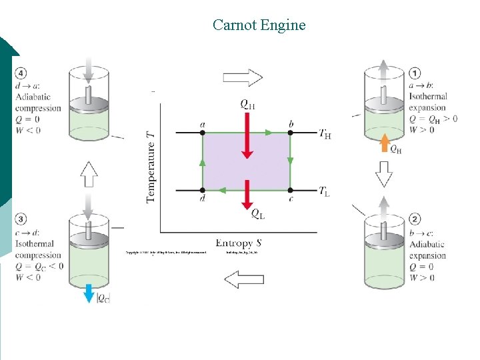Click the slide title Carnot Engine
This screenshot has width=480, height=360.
pyautogui.click(x=259, y=25)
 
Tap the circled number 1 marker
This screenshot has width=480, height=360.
pyautogui.click(x=415, y=74)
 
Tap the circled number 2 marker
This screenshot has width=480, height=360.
pyautogui.click(x=415, y=219)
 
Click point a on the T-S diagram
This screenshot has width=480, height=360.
pyautogui.click(x=203, y=133)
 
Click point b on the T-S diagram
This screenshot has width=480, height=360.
pyautogui.click(x=290, y=133)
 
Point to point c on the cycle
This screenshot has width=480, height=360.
pyautogui.click(x=290, y=190)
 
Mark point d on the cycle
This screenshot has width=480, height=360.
pyautogui.click(x=203, y=190)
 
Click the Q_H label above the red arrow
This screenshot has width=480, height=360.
pyautogui.click(x=247, y=103)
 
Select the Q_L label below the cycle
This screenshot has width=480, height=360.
pyautogui.click(x=257, y=213)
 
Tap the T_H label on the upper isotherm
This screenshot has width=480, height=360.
pyautogui.click(x=325, y=135)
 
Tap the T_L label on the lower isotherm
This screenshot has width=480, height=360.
pyautogui.click(x=324, y=192)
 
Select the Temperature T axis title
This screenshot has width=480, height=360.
pyautogui.click(x=151, y=167)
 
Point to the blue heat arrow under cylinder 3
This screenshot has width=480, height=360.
pyautogui.click(x=89, y=293)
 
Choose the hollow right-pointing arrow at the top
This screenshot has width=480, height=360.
pyautogui.click(x=243, y=77)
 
